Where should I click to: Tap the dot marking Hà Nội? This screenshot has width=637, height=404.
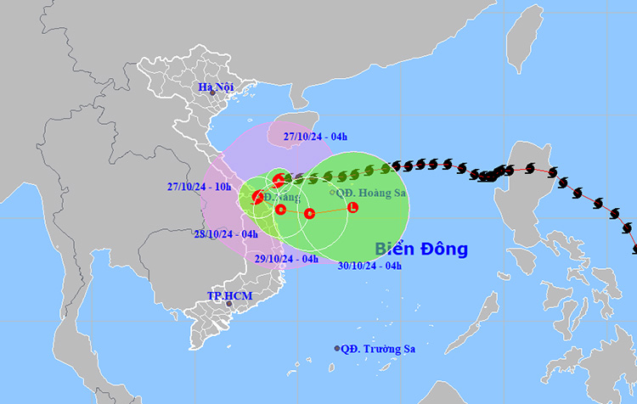click(201, 93)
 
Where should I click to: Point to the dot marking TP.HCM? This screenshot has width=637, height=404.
click(228, 303)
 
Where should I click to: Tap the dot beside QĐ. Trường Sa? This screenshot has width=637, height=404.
click(337, 348)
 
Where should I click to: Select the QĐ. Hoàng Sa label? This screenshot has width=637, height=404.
click(371, 193)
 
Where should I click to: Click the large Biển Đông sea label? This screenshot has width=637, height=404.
click(421, 249)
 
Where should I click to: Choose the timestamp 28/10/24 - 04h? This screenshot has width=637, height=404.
click(226, 234)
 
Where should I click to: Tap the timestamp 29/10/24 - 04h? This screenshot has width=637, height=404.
click(286, 259)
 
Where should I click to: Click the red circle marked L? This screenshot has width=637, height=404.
click(352, 207)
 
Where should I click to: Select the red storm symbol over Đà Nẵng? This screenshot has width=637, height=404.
click(257, 198)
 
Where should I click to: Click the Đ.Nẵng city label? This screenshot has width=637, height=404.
click(282, 197)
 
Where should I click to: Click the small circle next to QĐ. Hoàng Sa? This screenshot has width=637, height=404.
click(331, 193)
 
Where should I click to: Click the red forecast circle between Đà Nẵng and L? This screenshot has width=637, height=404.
click(309, 213)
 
